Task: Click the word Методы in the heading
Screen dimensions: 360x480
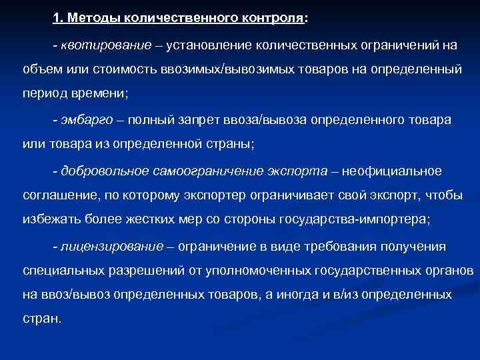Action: (x=91, y=19)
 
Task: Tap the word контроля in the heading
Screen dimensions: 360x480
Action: (x=271, y=19)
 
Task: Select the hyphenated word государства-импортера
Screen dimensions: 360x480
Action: (x=357, y=221)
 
